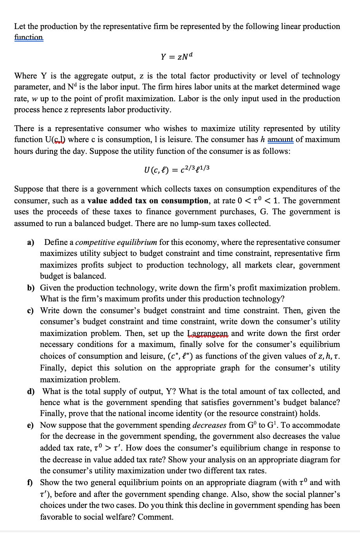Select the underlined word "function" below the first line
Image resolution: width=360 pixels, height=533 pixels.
[29, 38]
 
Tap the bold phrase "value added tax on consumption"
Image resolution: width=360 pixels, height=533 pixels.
[148, 201]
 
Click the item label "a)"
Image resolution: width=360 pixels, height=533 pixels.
[31, 242]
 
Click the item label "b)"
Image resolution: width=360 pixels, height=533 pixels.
[31, 288]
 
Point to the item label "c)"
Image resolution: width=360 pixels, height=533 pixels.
[31, 310]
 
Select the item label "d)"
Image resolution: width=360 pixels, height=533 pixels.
[31, 391]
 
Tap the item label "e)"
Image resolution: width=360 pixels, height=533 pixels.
[31, 425]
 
